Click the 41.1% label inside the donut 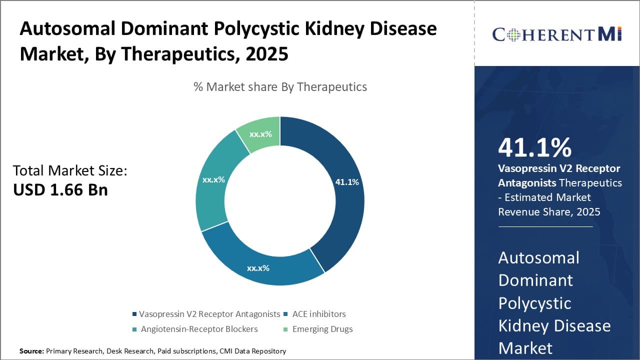[x=347, y=182]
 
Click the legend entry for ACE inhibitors [x=319, y=314]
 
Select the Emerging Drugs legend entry [x=322, y=329]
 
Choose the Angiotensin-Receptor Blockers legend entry [x=199, y=329]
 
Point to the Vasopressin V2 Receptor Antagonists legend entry [x=209, y=314]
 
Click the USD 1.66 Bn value [x=60, y=190]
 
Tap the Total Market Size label [x=70, y=170]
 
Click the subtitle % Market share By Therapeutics [x=280, y=87]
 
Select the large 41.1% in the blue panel [x=534, y=148]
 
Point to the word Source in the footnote [x=31, y=351]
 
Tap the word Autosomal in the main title [x=70, y=29]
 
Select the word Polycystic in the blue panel [x=534, y=303]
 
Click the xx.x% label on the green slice [x=260, y=134]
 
